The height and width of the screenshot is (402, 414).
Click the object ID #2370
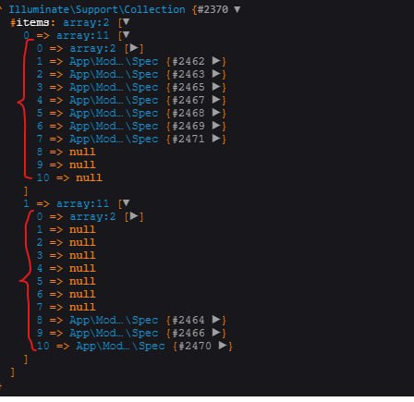pos(213,9)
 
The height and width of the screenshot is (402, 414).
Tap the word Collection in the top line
pos(154,9)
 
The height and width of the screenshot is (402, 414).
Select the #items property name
pos(30,22)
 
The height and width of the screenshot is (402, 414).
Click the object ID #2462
pos(189,61)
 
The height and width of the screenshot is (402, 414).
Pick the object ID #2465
pos(189,87)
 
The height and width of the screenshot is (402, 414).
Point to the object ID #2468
pos(189,113)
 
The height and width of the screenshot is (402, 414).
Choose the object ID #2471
pos(189,139)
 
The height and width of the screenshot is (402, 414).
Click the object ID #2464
pos(189,320)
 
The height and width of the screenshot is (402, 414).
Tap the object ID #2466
pos(189,333)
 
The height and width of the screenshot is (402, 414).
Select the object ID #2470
pos(195,346)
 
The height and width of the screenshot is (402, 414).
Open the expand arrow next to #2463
pos(216,74)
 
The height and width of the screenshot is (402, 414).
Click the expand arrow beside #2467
pos(216,100)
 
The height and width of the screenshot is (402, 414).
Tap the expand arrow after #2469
pos(216,126)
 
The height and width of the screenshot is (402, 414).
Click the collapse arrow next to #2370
pos(237,9)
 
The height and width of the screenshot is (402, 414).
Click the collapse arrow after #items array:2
pos(126,22)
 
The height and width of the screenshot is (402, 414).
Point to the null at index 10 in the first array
pos(90,177)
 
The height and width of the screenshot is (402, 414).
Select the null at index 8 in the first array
pos(82,152)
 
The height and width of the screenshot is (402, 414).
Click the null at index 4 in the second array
pos(82,268)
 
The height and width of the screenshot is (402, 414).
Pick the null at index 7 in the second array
pos(82,307)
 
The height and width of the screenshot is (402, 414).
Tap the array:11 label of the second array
pos(82,203)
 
